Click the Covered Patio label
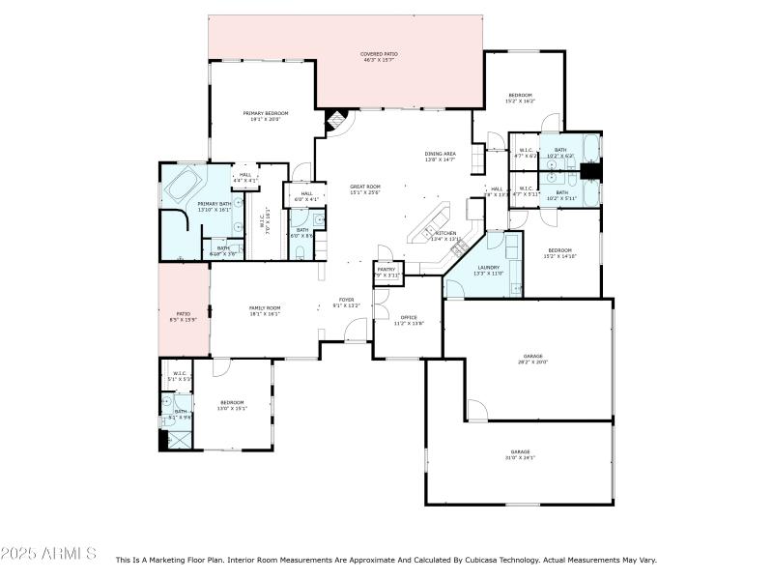pos(379,57)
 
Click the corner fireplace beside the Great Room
pos(334,121)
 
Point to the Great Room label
pos(364,188)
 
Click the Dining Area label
pos(440,157)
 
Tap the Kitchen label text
pos(444,236)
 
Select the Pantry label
pos(387,273)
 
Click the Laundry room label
pos(487,270)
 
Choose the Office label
pos(409,319)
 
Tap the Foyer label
pos(347,303)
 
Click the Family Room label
pos(265,310)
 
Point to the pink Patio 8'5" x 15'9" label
pos(183,316)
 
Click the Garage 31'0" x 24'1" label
pos(521,454)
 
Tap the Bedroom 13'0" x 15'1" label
pos(233,405)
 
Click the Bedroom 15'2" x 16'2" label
pos(520,97)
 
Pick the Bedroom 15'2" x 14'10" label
pos(558,252)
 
